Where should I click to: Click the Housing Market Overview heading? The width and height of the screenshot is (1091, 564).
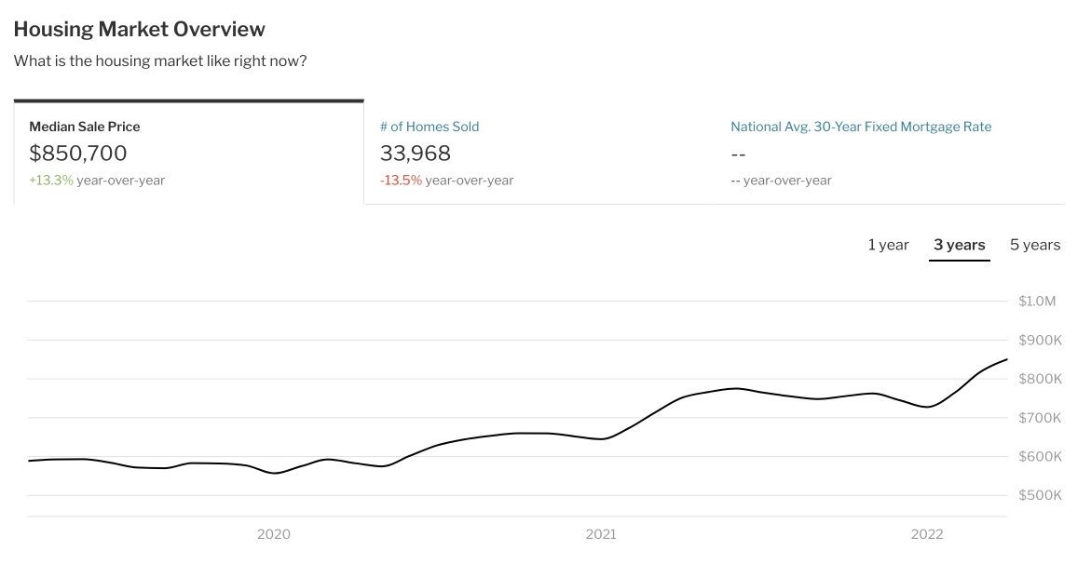(x=140, y=29)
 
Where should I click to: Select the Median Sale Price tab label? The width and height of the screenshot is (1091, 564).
(x=85, y=127)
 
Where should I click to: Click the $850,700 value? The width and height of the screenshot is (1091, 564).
(x=78, y=154)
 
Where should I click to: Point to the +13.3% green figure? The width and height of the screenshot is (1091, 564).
(x=51, y=181)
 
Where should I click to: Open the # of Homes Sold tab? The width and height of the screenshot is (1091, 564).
(x=430, y=127)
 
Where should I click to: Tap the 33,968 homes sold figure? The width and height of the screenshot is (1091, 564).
(x=416, y=154)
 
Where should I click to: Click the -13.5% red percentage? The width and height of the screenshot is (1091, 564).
(x=401, y=181)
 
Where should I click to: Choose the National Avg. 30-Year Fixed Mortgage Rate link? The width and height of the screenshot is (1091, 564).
(x=861, y=127)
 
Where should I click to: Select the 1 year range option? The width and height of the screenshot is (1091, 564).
(x=888, y=245)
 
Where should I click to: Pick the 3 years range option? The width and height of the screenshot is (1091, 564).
(x=959, y=245)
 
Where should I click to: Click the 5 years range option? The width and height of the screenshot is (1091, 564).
(x=1035, y=245)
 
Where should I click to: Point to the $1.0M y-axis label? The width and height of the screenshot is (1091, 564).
(x=1037, y=302)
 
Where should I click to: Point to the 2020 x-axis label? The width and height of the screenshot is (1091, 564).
(x=274, y=534)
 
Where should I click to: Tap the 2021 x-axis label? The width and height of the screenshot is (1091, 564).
(x=601, y=534)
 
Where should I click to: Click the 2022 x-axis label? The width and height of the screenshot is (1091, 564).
(x=927, y=534)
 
